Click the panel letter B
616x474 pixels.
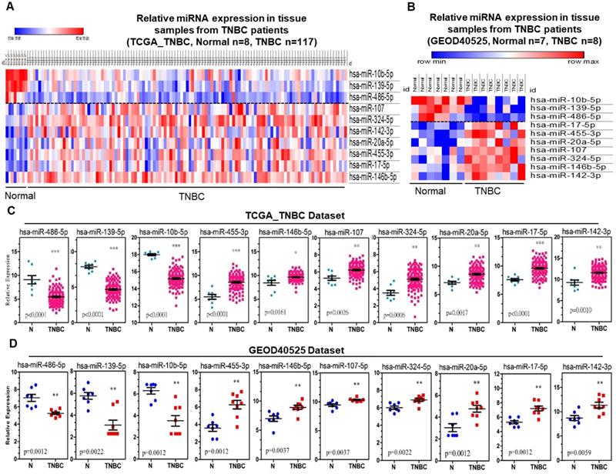409,8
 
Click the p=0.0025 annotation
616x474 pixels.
319,313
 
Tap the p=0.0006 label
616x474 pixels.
379,313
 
